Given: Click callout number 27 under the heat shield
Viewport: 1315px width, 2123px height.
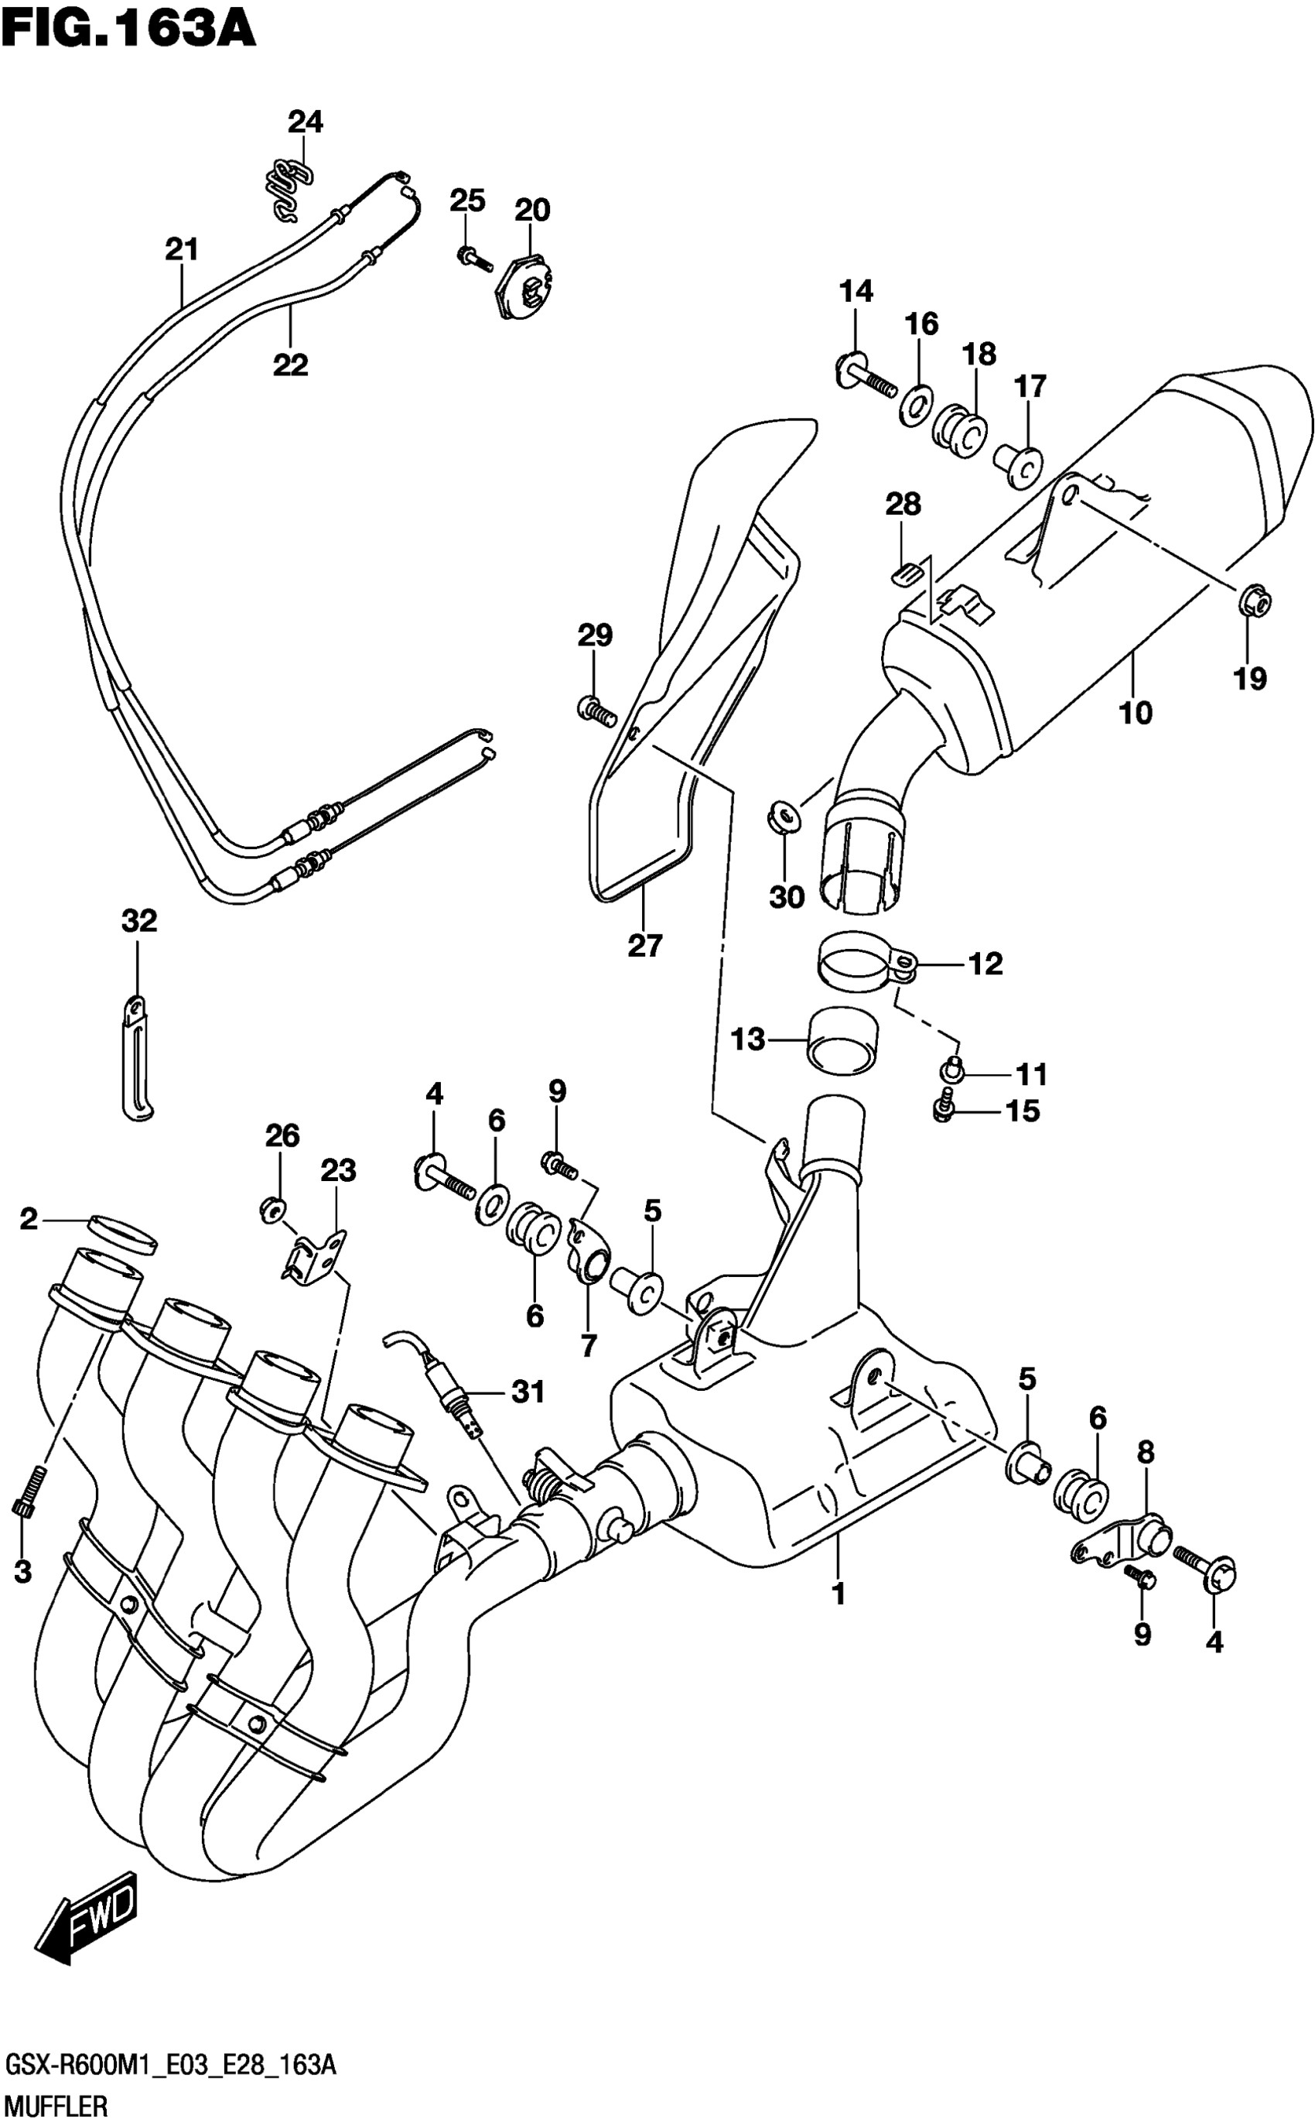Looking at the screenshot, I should point(644,945).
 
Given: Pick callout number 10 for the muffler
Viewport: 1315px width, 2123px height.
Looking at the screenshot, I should point(1136,714).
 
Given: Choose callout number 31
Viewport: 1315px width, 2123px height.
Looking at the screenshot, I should point(528,1392).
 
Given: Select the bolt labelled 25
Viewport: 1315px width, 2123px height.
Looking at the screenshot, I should point(473,257).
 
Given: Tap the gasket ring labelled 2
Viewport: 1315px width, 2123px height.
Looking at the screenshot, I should point(123,1234).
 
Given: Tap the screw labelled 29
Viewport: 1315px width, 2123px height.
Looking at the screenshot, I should point(596,709).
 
